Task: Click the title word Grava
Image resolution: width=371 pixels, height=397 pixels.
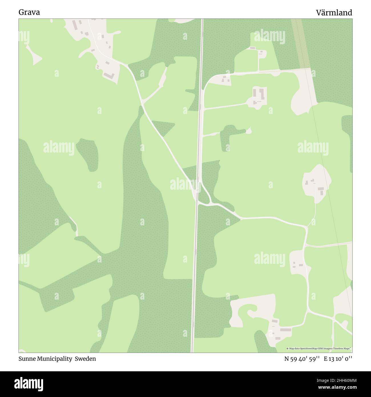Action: [29, 13]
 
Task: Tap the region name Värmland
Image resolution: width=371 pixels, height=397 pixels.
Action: [334, 13]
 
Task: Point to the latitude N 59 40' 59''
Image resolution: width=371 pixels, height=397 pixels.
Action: [302, 359]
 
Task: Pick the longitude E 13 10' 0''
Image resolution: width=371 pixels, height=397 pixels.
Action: [338, 359]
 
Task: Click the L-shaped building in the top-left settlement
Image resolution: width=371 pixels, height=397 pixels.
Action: [109, 76]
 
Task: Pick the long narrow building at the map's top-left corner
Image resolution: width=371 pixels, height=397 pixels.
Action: [75, 25]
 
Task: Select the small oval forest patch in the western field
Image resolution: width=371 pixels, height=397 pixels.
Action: [87, 154]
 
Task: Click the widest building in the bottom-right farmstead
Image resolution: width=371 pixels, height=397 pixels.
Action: [285, 330]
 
